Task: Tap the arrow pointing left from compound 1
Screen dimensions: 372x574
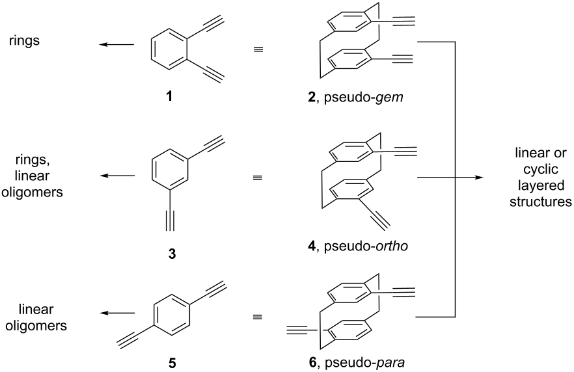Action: tap(116, 45)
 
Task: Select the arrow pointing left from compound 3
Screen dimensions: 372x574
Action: tap(116, 176)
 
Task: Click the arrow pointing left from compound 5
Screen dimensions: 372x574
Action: tap(116, 313)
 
